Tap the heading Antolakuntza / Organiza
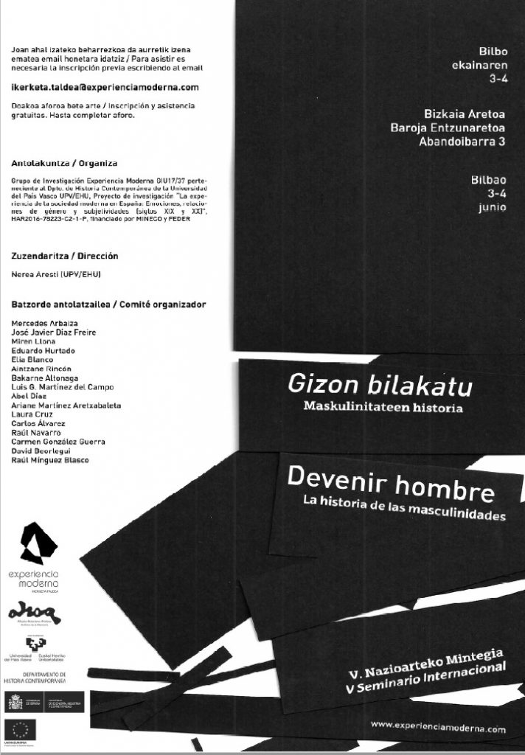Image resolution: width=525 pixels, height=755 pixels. [x=66, y=162]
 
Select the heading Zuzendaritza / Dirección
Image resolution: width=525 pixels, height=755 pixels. [x=66, y=256]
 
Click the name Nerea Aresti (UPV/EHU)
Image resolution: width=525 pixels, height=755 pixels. [x=57, y=275]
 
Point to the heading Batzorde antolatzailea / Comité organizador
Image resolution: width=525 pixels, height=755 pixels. [x=109, y=304]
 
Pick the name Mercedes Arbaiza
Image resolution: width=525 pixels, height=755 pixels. [x=46, y=323]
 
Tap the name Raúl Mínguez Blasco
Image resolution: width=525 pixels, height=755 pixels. [x=51, y=460]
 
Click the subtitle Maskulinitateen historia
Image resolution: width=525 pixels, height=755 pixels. [x=383, y=406]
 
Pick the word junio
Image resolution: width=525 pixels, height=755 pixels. [x=491, y=207]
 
